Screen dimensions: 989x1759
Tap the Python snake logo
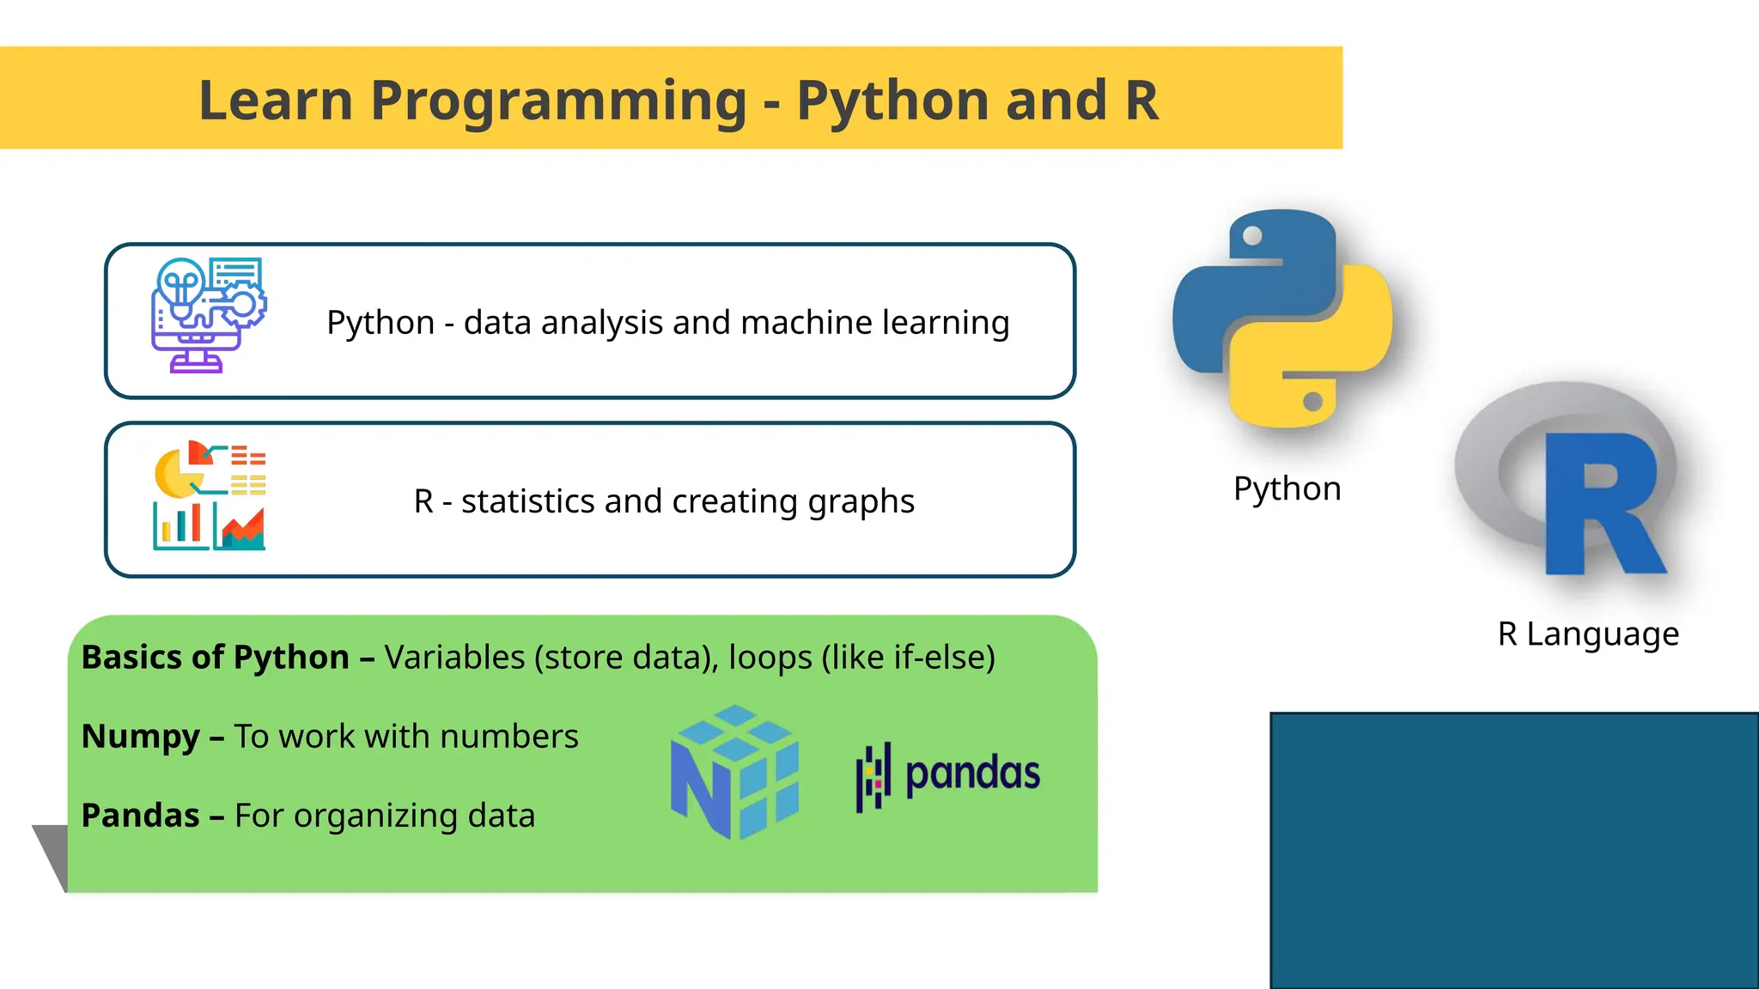[1282, 319]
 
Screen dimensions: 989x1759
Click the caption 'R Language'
[1588, 634]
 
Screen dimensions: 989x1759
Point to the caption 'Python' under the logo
[1287, 488]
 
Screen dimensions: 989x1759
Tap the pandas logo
[948, 774]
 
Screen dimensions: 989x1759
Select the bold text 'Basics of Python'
[215, 658]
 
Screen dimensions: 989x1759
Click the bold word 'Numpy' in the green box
[141, 737]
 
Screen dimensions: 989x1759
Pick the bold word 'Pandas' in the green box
[141, 816]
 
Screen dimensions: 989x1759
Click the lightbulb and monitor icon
[209, 315]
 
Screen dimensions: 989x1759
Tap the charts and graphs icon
[210, 495]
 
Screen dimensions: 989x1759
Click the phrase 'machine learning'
[874, 323]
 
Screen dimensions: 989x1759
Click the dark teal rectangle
[1513, 850]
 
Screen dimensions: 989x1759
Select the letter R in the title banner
[1141, 101]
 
